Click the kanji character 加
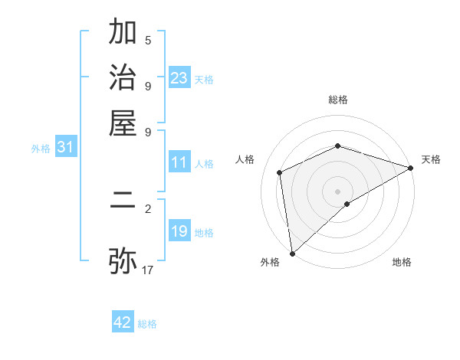(123, 34)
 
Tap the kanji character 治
(123, 79)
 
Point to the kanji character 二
(123, 205)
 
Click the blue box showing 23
(179, 77)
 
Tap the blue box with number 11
(179, 162)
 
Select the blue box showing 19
(179, 231)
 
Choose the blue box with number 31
(64, 147)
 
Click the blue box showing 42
(123, 322)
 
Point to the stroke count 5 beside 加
(148, 41)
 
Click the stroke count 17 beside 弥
(148, 270)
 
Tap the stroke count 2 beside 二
(148, 208)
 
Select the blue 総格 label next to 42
(147, 324)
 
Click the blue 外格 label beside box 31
(41, 149)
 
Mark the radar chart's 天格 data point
(411, 169)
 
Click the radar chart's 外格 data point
(292, 254)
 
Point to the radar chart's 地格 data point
(347, 204)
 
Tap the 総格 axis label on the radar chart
(338, 100)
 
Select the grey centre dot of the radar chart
(338, 191)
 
